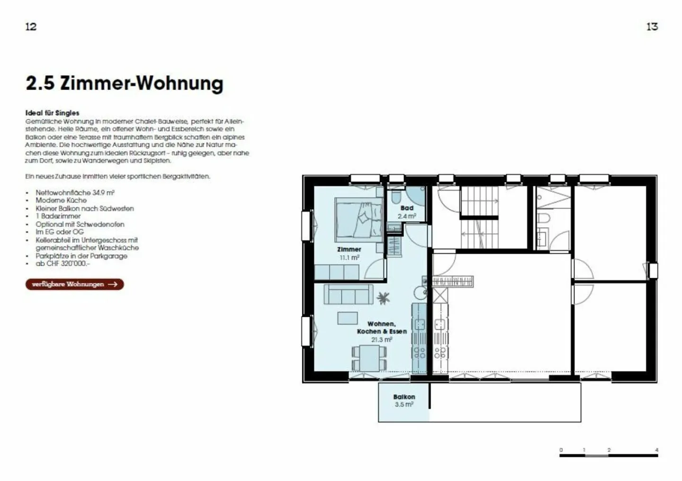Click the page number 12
31,27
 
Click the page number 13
652,27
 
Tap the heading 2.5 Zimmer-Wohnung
124,83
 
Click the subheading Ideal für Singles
52,113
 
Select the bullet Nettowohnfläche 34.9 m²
75,193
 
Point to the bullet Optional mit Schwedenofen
80,224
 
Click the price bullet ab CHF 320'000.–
63,263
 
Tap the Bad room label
407,208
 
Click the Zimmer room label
349,249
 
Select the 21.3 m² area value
382,339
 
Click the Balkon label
404,397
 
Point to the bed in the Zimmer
359,219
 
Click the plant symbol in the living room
383,298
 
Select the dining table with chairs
368,357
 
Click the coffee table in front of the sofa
348,318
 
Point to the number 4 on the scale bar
656,450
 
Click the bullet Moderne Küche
61,200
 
